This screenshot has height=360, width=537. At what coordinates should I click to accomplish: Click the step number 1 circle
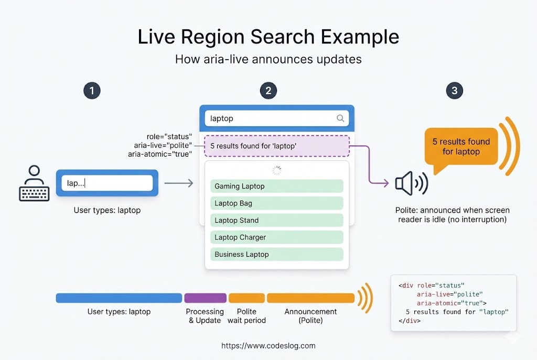92,91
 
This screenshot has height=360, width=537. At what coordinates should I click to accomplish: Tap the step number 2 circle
268,91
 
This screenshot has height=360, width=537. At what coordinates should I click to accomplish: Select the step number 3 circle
454,91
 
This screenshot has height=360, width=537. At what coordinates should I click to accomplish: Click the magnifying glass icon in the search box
340,118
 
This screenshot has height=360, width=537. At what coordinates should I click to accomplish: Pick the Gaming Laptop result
277,186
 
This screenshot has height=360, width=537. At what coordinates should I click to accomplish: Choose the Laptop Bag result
277,203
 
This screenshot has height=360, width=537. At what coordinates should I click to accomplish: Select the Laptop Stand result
277,220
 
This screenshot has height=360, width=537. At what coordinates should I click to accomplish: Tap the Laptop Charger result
277,237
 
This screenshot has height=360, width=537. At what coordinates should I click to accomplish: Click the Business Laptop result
277,254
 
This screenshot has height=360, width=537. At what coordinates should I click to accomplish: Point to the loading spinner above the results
277,170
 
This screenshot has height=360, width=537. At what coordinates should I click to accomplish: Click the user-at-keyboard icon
34,183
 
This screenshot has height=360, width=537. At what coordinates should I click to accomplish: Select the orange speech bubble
461,147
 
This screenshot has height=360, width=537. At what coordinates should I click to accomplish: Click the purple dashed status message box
277,146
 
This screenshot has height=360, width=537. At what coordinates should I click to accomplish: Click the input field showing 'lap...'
107,183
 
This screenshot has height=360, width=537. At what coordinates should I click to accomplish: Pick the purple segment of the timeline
205,298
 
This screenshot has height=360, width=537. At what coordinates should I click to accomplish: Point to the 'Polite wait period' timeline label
246,315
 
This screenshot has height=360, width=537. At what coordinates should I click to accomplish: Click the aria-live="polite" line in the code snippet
449,294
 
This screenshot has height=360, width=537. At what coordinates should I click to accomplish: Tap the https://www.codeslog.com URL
268,346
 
